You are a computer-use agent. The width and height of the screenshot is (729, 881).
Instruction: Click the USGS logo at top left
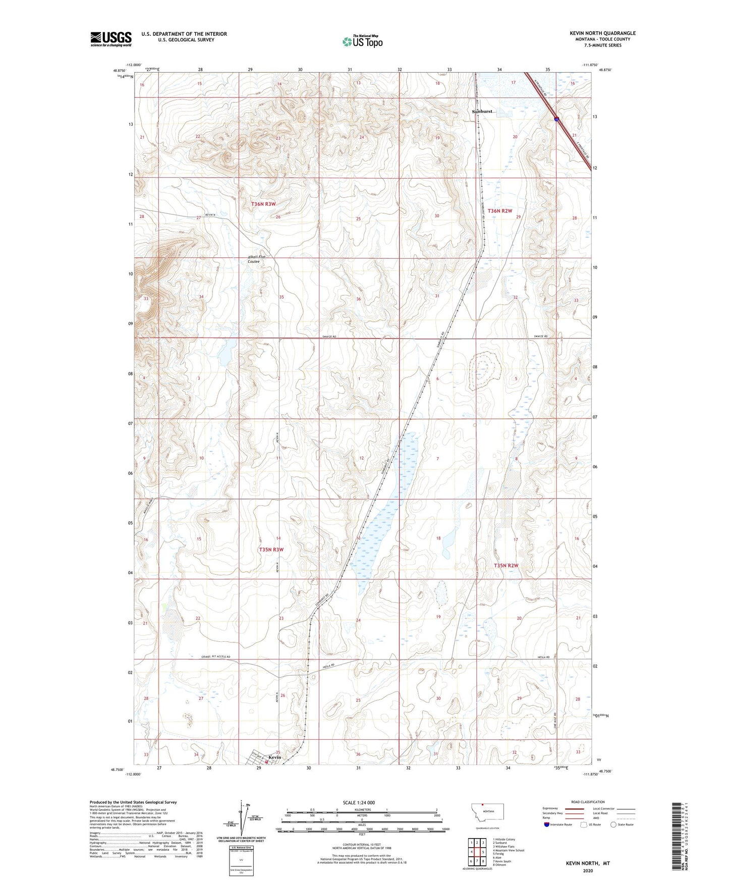(x=110, y=39)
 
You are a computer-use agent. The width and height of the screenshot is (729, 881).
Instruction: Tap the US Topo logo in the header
(x=362, y=41)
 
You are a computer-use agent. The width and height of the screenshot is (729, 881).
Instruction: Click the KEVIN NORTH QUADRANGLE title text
(x=603, y=33)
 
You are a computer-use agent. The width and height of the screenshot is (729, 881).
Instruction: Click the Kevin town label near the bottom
(x=274, y=757)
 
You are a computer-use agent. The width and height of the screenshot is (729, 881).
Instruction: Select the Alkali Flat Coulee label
(x=257, y=259)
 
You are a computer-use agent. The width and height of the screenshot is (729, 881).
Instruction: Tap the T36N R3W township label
(x=263, y=204)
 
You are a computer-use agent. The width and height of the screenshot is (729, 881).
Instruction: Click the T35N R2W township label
(x=506, y=566)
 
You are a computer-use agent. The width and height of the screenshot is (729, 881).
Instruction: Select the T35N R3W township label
(x=271, y=549)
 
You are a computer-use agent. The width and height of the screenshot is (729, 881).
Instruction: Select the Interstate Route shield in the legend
(x=547, y=824)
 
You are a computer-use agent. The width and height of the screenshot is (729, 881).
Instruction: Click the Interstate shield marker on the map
(x=556, y=119)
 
